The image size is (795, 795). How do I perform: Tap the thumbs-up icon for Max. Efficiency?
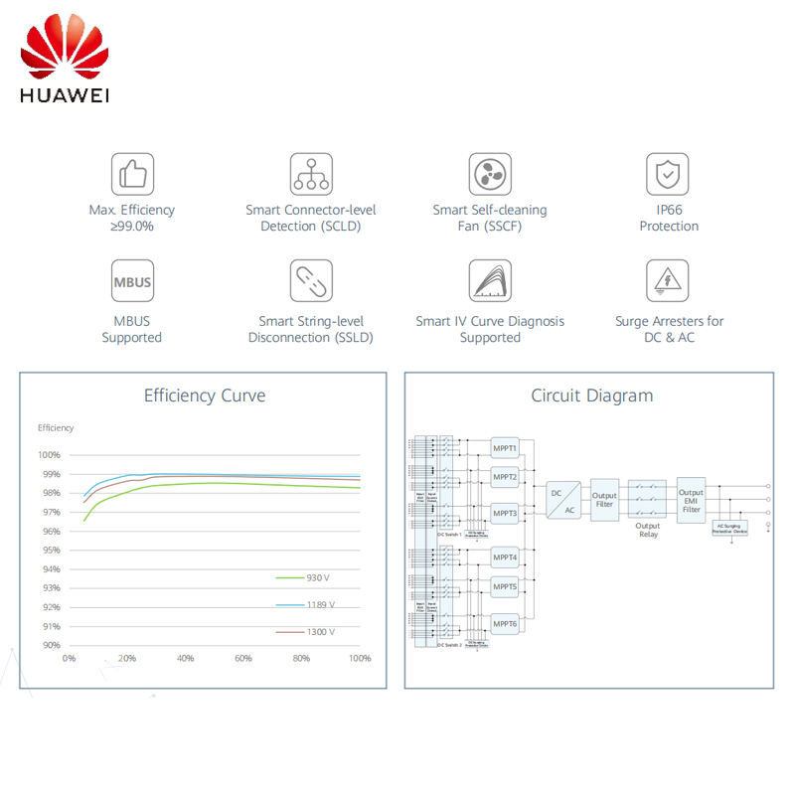132,174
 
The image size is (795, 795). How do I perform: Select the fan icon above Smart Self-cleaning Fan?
490,174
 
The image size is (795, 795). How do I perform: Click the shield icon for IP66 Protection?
668,174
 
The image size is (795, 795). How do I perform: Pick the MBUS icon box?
132,282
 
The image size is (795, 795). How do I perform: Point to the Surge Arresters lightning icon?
668,282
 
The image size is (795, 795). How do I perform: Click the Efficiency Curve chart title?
205,396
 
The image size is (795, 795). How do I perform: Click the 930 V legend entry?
302,577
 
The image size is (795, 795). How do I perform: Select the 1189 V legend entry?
302,604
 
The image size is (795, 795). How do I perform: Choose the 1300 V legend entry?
302,631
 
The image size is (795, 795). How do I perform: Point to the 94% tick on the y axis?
50,569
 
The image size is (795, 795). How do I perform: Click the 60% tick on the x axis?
243,658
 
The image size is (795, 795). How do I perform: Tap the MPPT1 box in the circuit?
506,449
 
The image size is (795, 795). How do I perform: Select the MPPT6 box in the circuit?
506,624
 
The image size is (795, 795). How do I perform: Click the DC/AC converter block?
563,500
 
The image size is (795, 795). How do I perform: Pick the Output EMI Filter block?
691,499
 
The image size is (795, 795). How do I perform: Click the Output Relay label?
648,531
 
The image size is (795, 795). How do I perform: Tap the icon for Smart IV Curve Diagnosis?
490,282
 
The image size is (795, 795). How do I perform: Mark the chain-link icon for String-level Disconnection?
311,282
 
